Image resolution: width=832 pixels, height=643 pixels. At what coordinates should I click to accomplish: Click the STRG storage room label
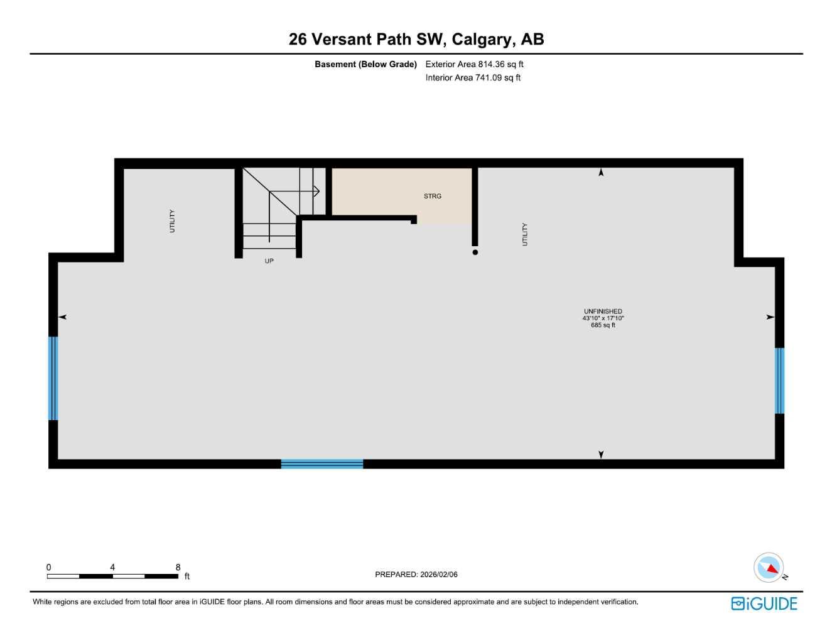(432, 196)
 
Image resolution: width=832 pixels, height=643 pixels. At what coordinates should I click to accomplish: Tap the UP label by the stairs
(269, 261)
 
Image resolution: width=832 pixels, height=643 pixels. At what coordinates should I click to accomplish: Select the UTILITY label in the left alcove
(172, 221)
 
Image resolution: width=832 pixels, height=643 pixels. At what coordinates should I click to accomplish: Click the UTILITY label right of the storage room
(525, 234)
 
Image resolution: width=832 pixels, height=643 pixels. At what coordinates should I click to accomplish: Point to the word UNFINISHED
(603, 311)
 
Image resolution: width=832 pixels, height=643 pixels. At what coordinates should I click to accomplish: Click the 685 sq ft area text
(603, 325)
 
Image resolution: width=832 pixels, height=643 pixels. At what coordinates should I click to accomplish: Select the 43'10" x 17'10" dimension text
(603, 318)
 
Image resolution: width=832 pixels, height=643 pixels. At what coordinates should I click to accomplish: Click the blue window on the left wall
(53, 378)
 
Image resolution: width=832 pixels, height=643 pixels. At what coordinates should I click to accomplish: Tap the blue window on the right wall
(779, 381)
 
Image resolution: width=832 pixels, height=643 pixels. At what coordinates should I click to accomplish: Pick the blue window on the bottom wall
(321, 464)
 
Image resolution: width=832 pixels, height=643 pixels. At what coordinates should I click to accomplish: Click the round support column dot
(475, 252)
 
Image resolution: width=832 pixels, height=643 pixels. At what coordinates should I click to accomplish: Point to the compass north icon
(769, 568)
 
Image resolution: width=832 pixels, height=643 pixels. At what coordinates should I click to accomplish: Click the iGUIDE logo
(764, 603)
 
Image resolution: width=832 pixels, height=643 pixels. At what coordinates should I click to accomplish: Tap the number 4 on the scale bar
(112, 567)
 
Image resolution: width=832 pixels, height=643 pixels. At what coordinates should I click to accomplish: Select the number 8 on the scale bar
(178, 567)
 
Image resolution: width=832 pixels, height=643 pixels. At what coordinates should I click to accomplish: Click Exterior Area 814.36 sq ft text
(474, 64)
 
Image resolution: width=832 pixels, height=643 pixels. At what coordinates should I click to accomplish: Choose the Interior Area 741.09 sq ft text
(473, 78)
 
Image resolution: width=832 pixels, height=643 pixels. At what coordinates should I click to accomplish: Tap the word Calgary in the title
(482, 39)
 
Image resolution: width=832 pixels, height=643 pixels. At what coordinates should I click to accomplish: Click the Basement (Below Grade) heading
(365, 64)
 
